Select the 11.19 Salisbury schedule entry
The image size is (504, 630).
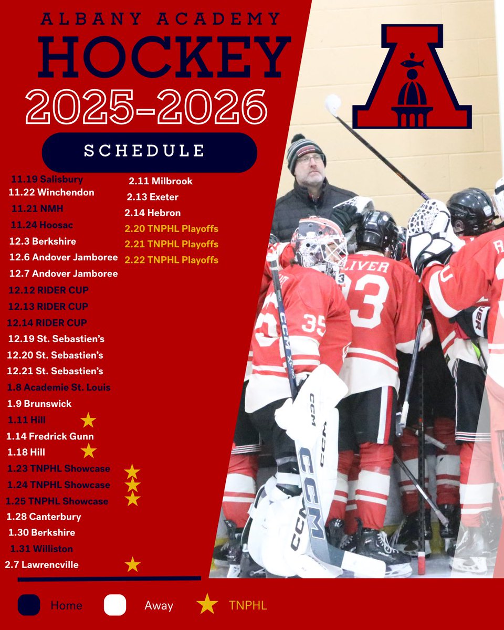click(47, 179)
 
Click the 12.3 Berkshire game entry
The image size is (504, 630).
click(43, 241)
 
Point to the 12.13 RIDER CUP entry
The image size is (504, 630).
click(48, 306)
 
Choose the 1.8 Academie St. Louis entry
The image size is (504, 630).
click(59, 387)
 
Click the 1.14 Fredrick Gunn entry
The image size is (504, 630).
click(50, 436)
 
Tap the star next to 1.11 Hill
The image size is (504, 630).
click(88, 420)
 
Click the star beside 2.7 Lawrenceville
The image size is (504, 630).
click(133, 564)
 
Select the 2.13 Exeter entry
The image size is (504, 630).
click(153, 197)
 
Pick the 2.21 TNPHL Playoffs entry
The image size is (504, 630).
click(171, 244)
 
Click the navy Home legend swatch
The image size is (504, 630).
click(29, 605)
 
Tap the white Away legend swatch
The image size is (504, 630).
click(115, 605)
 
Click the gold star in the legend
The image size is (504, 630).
click(207, 605)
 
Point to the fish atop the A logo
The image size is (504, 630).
click(412, 64)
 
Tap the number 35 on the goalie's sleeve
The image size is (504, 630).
click(313, 324)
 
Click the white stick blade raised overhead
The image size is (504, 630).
click(332, 103)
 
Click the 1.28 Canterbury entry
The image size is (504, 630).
click(44, 517)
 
